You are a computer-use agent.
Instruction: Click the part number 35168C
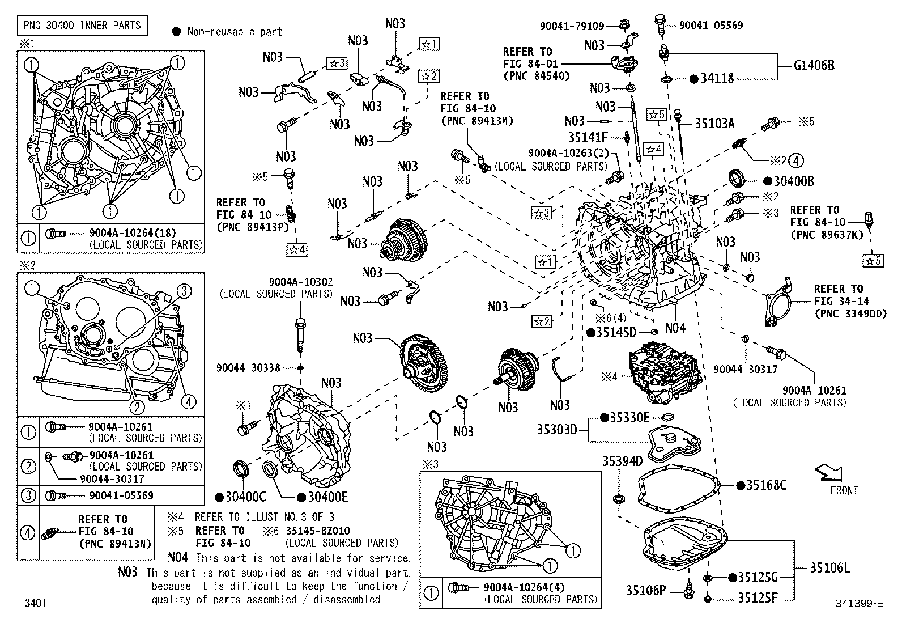click(x=766, y=485)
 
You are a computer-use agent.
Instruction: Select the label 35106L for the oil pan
click(x=829, y=567)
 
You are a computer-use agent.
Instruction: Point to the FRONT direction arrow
click(x=828, y=473)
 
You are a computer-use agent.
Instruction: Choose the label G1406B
click(x=814, y=66)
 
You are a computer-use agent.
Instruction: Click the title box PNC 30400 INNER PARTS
click(x=82, y=26)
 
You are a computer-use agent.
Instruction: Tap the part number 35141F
click(x=588, y=137)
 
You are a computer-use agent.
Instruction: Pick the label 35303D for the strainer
click(x=557, y=430)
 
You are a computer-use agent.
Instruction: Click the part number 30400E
click(x=327, y=497)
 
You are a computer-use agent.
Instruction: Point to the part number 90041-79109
click(x=572, y=26)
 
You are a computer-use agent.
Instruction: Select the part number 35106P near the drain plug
click(x=646, y=591)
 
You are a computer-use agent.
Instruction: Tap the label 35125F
click(x=758, y=597)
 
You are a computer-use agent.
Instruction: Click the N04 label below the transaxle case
click(x=675, y=328)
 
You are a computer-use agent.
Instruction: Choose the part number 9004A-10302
click(x=300, y=282)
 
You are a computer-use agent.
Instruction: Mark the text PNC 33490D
click(x=850, y=313)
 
